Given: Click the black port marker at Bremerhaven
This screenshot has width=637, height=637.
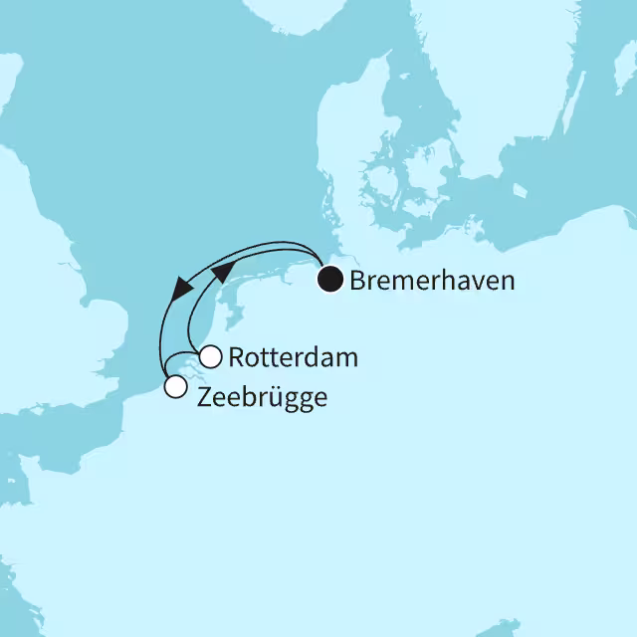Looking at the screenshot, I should (x=329, y=280).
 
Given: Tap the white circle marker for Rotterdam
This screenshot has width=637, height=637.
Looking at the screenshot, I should (x=211, y=356).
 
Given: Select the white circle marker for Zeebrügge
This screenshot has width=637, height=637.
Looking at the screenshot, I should (x=175, y=387).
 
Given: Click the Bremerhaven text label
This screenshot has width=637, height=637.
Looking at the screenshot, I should (x=432, y=281).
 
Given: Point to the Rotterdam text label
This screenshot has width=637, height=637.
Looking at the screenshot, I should (x=293, y=357).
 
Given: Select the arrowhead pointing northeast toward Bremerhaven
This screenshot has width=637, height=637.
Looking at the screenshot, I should (x=226, y=269).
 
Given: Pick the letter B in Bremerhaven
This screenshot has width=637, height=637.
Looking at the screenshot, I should (x=356, y=281).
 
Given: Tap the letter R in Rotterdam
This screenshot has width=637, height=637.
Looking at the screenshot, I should (x=236, y=357).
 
